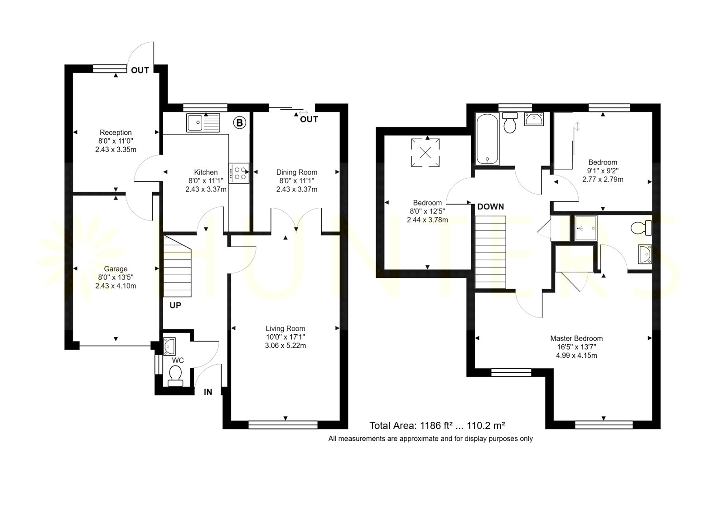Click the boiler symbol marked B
click(240, 123)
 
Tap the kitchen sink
click(203, 122)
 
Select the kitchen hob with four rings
click(239, 173)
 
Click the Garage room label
click(116, 269)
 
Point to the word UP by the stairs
click(175, 305)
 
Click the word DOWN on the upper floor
click(491, 207)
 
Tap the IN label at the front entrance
click(208, 392)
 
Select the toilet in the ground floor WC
click(175, 376)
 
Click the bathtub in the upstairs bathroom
click(487, 139)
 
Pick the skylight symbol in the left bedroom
click(425, 152)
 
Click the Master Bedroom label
click(576, 338)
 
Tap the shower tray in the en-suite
click(585, 228)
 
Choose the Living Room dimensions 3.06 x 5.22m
click(285, 346)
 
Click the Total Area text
click(437, 425)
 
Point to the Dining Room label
click(297, 172)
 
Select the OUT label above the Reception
click(140, 70)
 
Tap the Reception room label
click(116, 132)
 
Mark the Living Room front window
click(283, 425)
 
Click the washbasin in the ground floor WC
click(169, 346)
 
